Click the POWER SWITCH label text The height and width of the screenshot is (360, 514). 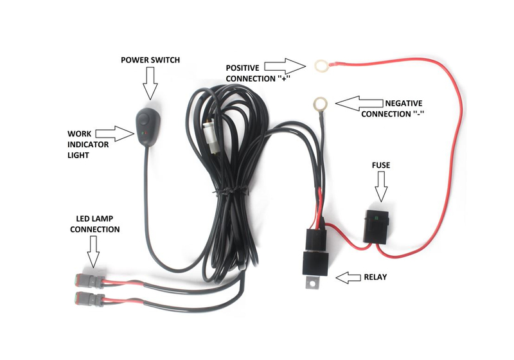point(150,60)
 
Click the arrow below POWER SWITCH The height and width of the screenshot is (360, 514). point(150,84)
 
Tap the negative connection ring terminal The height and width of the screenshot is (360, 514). point(319,102)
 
